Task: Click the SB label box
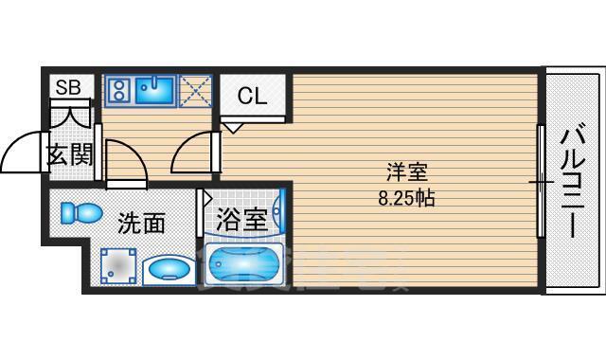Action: click(68, 88)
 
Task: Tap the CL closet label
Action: click(252, 96)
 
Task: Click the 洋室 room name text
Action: click(407, 173)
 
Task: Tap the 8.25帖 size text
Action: click(407, 199)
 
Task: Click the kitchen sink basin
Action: click(152, 91)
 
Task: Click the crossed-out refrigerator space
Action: click(196, 90)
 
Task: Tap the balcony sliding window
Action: click(541, 180)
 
